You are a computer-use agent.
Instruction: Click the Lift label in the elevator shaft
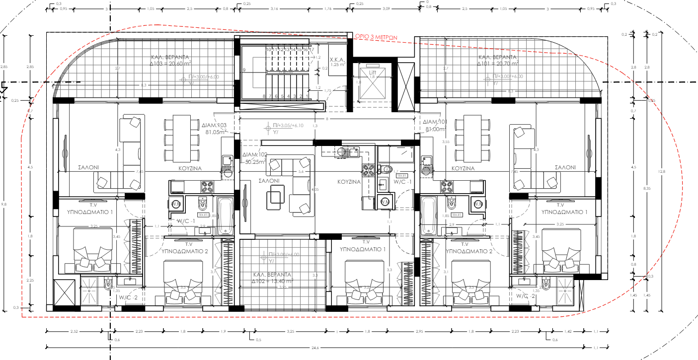click(x=373, y=72)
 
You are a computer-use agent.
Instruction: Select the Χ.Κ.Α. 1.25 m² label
click(x=338, y=62)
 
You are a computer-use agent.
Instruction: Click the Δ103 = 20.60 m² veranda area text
click(x=171, y=64)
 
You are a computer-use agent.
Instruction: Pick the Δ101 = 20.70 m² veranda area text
click(x=498, y=64)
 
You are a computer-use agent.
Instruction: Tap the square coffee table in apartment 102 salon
click(x=276, y=199)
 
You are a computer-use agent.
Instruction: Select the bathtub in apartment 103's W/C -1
click(x=225, y=216)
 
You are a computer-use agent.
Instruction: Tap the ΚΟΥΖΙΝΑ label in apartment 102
click(x=348, y=182)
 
